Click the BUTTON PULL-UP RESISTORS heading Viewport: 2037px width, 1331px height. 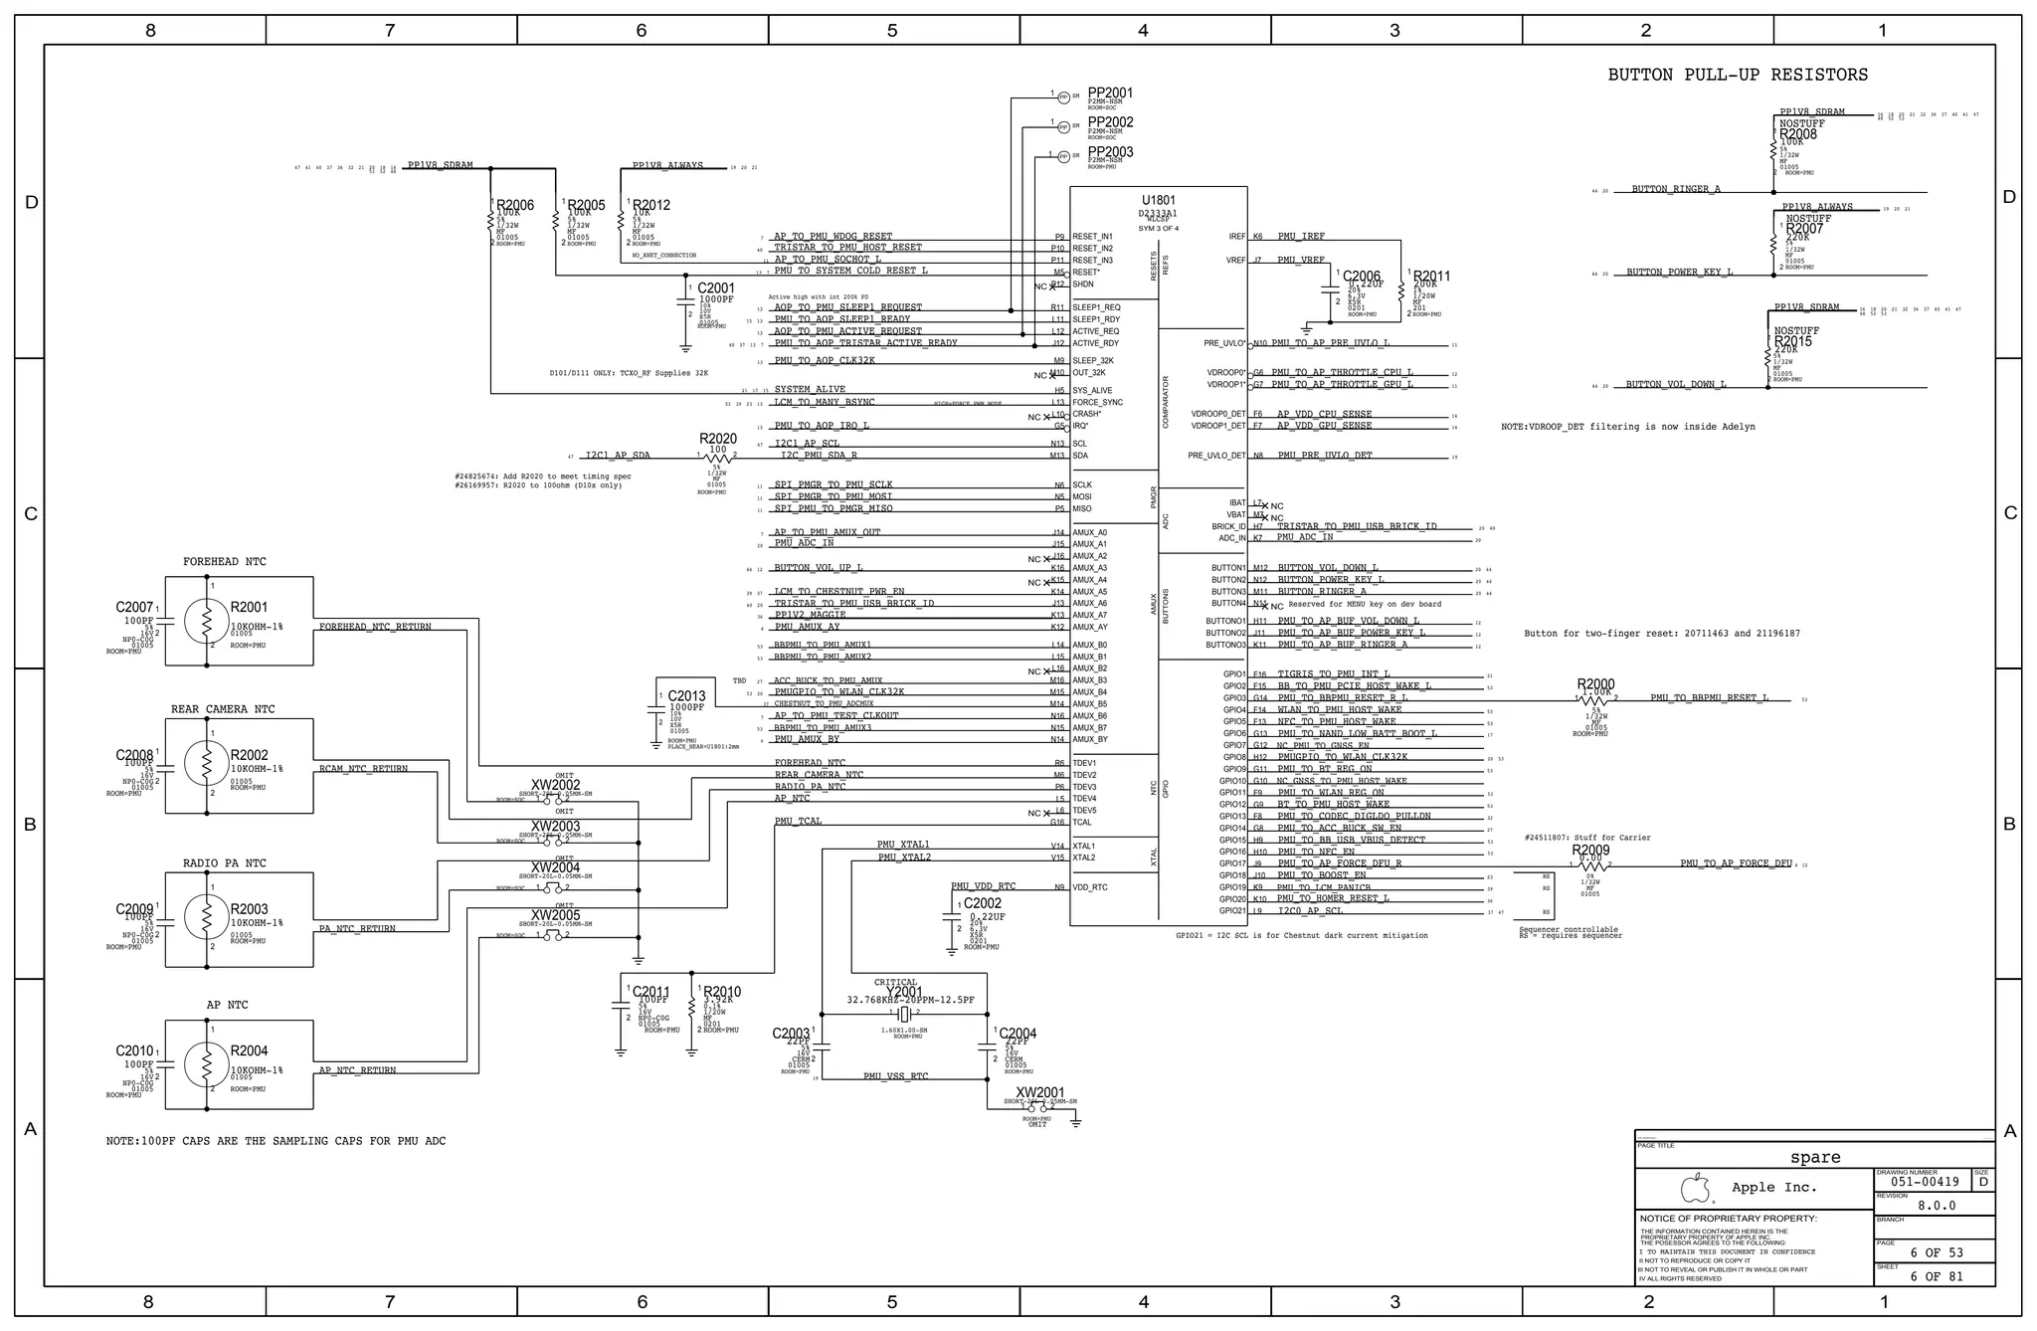[x=1738, y=75]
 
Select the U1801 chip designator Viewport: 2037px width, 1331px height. [x=1159, y=200]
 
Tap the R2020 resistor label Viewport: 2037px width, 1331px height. [x=718, y=439]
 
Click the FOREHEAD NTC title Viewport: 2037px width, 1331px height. [x=225, y=562]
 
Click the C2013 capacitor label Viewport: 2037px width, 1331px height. [x=686, y=696]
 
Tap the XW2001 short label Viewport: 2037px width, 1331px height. [x=1040, y=1092]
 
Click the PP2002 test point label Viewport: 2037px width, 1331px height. [x=1110, y=122]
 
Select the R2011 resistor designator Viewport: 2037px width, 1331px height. [x=1431, y=277]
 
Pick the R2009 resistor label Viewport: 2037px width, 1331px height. [x=1590, y=851]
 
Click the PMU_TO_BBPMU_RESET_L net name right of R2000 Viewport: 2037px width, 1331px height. [x=1710, y=698]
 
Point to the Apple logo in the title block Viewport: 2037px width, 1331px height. [x=1695, y=1188]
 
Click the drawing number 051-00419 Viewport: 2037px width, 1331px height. [x=1925, y=1182]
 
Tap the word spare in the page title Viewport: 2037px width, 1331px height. [x=1815, y=1157]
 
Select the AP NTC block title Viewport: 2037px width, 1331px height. [x=228, y=1006]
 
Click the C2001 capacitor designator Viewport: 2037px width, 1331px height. [x=716, y=288]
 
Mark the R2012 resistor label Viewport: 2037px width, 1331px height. [x=651, y=205]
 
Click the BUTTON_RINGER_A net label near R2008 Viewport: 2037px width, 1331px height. [x=1676, y=189]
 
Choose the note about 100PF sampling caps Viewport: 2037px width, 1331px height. [x=276, y=1141]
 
